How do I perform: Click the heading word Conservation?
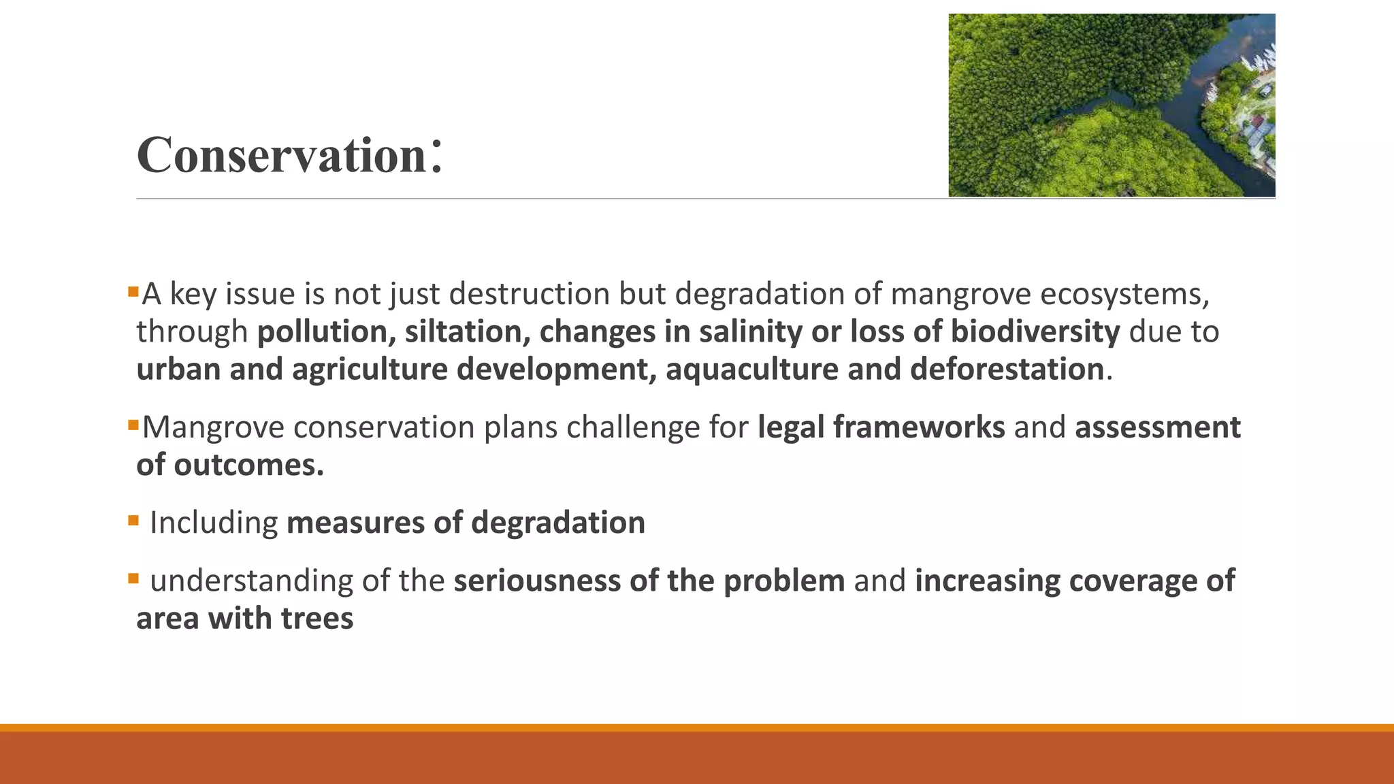coord(282,155)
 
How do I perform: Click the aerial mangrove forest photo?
coord(1112,105)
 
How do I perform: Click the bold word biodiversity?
coord(1035,331)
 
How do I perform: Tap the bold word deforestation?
coord(1007,370)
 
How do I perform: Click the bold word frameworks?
coord(919,427)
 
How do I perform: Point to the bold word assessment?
coord(1157,427)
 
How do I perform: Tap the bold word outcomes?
coord(248,465)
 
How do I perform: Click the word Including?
coord(214,523)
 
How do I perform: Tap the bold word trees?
coord(317,619)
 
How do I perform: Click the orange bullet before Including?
coord(133,521)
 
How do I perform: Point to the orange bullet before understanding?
coord(133,579)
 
